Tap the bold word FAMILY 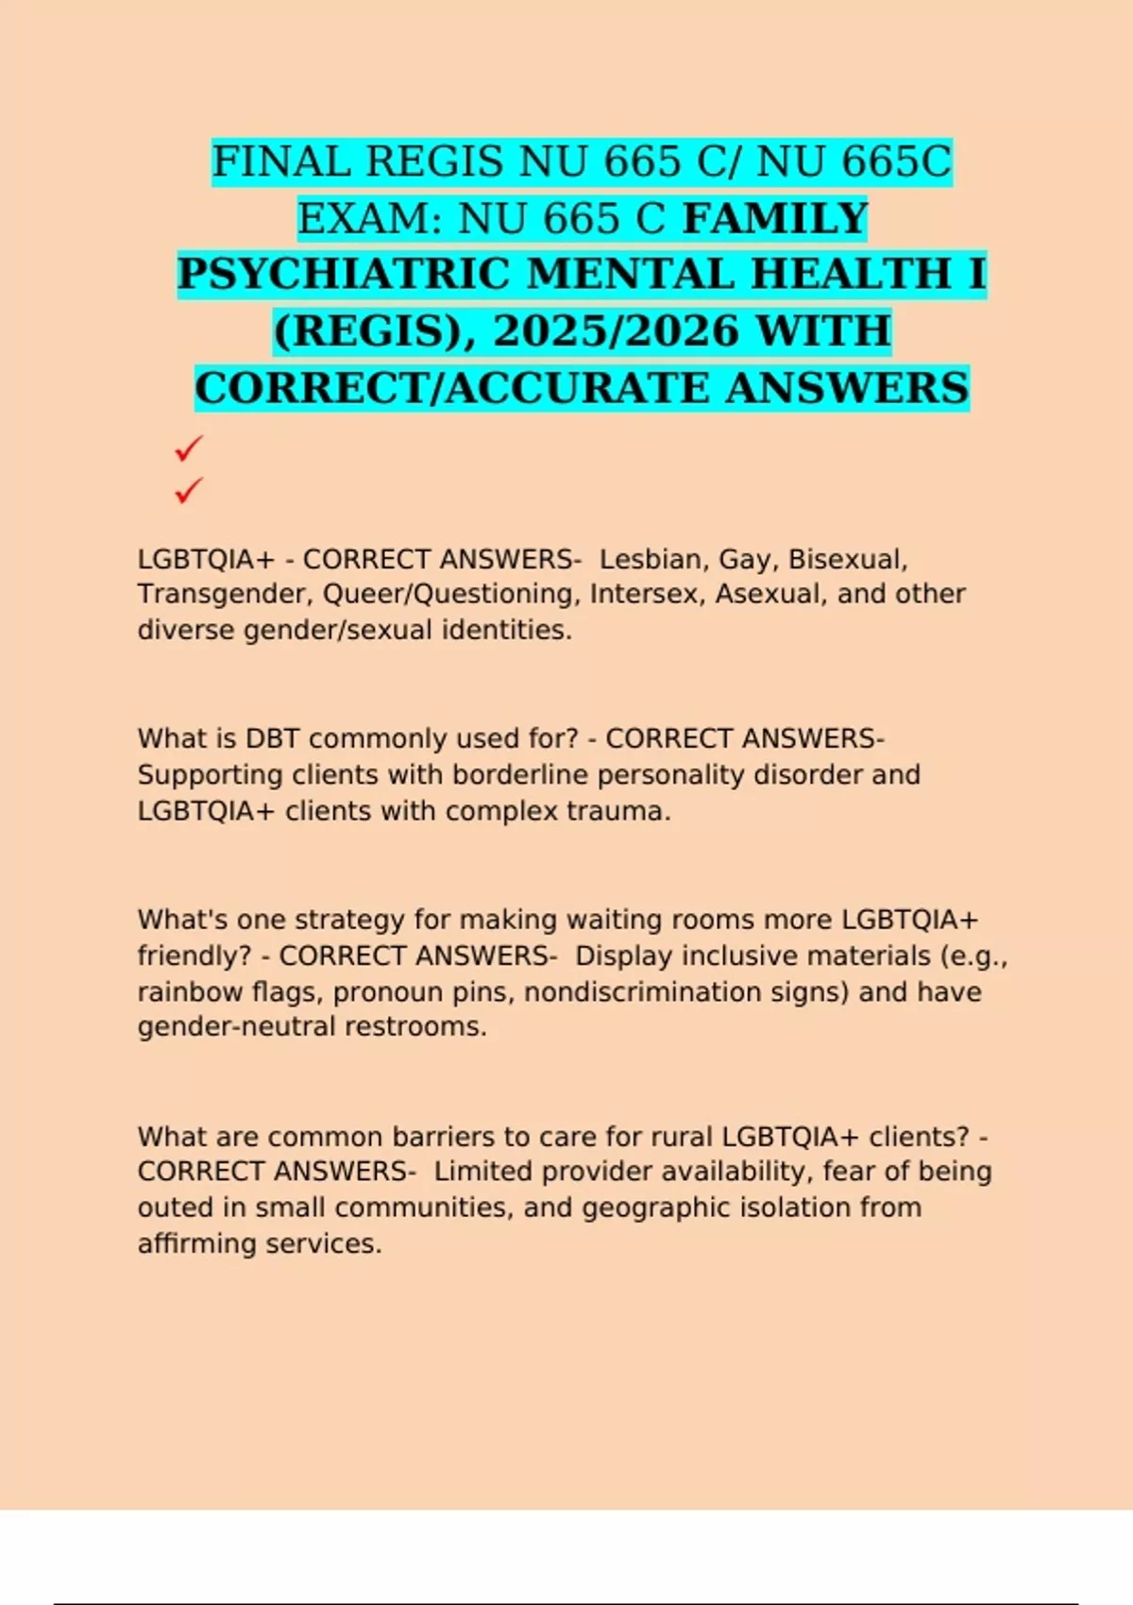coord(775,219)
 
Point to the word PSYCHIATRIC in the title coord(344,275)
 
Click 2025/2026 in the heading coord(616,331)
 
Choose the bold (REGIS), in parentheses coord(375,331)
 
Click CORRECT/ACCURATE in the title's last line coord(452,388)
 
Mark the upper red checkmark coord(189,448)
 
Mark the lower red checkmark coord(189,490)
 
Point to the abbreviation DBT coord(273,738)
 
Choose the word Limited coord(481,1172)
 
